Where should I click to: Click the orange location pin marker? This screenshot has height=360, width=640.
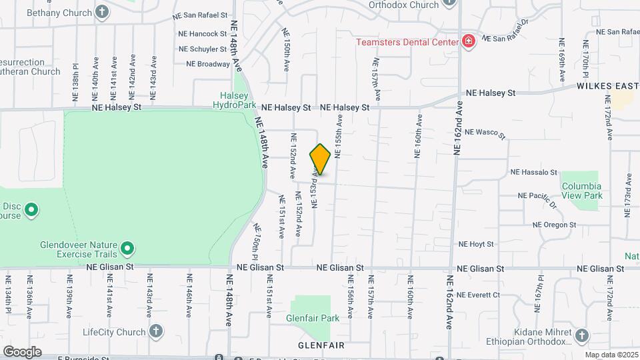click(x=320, y=160)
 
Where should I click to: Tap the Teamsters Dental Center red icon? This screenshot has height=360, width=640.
click(x=469, y=42)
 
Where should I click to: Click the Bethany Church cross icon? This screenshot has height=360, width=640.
click(x=102, y=11)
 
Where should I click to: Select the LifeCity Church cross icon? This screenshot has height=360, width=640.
click(x=155, y=331)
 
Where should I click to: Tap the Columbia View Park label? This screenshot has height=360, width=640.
click(x=581, y=191)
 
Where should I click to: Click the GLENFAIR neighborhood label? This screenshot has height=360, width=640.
click(x=321, y=345)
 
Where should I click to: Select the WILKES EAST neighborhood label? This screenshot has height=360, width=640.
click(x=603, y=86)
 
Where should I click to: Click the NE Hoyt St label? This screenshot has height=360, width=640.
click(x=475, y=245)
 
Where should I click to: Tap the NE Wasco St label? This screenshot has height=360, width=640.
click(x=486, y=133)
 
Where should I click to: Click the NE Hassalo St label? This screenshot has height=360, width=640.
click(x=533, y=172)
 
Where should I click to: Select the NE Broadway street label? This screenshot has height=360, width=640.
click(x=208, y=65)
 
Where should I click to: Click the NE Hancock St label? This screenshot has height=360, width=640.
click(x=203, y=33)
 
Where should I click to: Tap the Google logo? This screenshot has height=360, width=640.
click(x=22, y=351)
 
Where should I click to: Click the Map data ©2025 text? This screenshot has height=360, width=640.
click(x=611, y=355)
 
